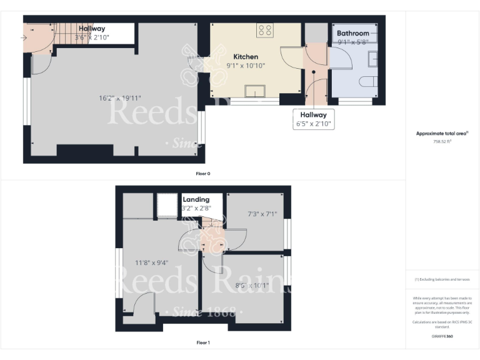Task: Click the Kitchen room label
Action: click(x=246, y=56)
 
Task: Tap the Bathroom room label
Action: click(x=353, y=33)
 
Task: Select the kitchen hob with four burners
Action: click(x=264, y=31)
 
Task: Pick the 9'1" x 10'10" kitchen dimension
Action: click(x=246, y=65)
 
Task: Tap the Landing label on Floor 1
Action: click(x=196, y=199)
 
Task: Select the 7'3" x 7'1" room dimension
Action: click(x=262, y=214)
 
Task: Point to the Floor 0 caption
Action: click(x=203, y=173)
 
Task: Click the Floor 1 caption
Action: click(x=203, y=342)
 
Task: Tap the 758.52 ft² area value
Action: click(x=442, y=142)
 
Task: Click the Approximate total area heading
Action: click(x=442, y=134)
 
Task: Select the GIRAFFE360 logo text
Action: click(x=442, y=336)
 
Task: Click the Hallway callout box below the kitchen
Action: click(x=313, y=119)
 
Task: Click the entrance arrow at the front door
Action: click(x=24, y=37)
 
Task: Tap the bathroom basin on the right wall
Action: click(x=373, y=58)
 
